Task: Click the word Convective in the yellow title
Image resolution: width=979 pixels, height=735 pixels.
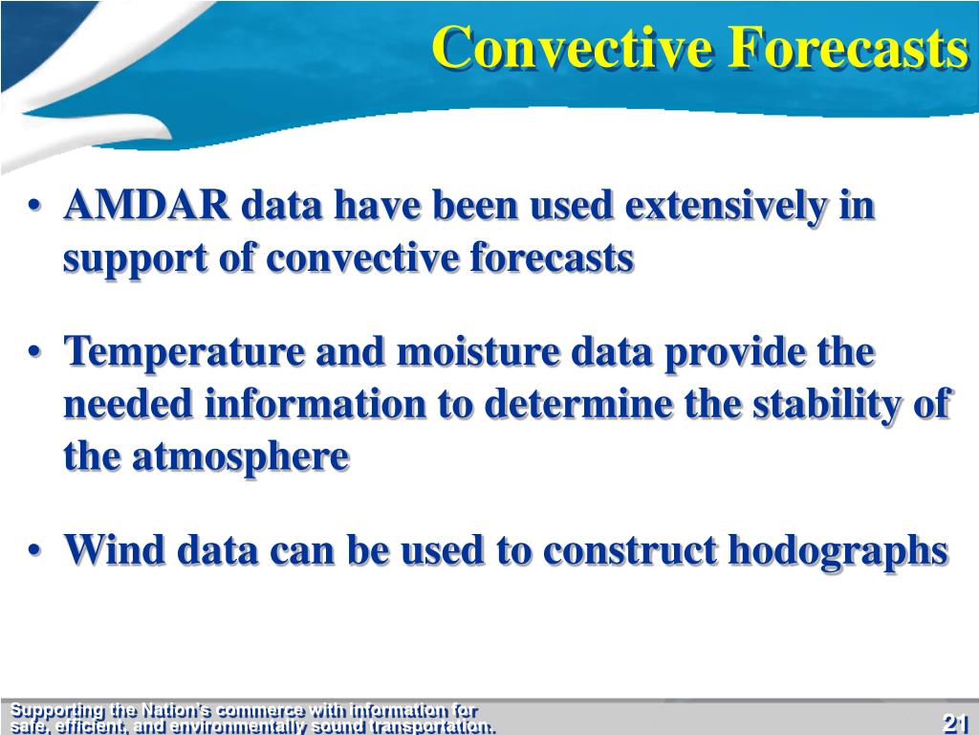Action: [x=571, y=47]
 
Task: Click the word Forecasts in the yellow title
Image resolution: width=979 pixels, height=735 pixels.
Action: [x=847, y=47]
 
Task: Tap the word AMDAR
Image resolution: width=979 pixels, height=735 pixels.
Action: [x=146, y=205]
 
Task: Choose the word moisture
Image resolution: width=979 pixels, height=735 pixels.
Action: [x=478, y=351]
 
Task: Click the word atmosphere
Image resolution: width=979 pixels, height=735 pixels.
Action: [x=240, y=457]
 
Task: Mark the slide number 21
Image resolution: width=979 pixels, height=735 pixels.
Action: [x=954, y=724]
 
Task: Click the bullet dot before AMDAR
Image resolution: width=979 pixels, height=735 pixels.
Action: [x=35, y=207]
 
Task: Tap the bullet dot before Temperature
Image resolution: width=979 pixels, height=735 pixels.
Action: [x=35, y=352]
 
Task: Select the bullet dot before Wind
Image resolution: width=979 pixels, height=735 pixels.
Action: [x=35, y=550]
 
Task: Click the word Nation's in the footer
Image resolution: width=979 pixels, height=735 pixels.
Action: [x=177, y=711]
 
